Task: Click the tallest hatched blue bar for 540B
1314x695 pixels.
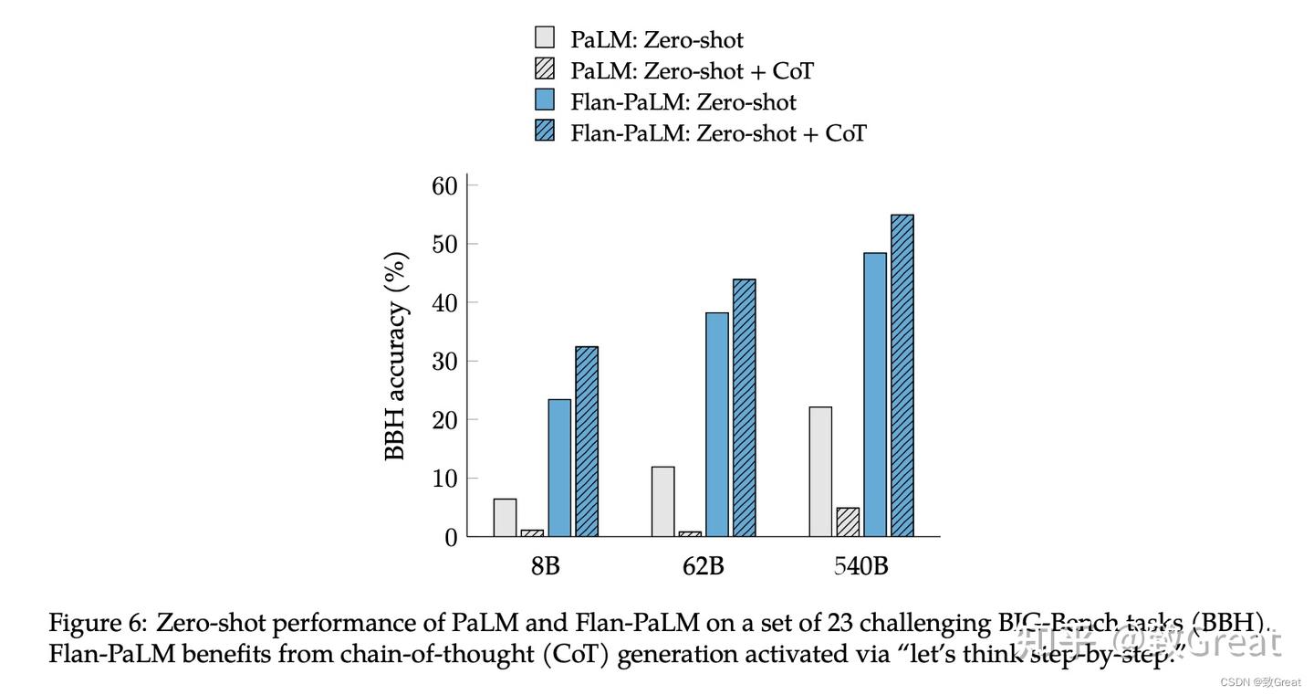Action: point(902,375)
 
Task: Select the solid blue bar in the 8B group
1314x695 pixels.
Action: point(559,468)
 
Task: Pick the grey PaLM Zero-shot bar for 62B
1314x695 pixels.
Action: point(663,501)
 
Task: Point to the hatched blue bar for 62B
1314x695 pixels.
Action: point(744,407)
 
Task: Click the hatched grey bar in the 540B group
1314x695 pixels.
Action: point(848,522)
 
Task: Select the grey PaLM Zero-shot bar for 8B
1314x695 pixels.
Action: point(505,518)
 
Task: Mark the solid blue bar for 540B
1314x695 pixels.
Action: point(875,395)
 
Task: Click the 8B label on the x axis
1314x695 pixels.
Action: point(545,566)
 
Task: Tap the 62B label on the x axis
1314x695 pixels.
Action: point(703,566)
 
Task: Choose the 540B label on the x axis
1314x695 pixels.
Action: point(860,566)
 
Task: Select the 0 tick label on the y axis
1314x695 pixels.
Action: point(450,538)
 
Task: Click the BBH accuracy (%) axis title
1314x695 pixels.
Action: point(396,356)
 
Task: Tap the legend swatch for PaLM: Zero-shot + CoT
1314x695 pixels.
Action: point(545,69)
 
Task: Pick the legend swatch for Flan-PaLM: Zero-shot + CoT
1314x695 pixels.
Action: point(545,132)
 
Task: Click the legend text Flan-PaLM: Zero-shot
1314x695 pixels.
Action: point(683,101)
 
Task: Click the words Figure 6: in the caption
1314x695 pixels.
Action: point(97,624)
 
